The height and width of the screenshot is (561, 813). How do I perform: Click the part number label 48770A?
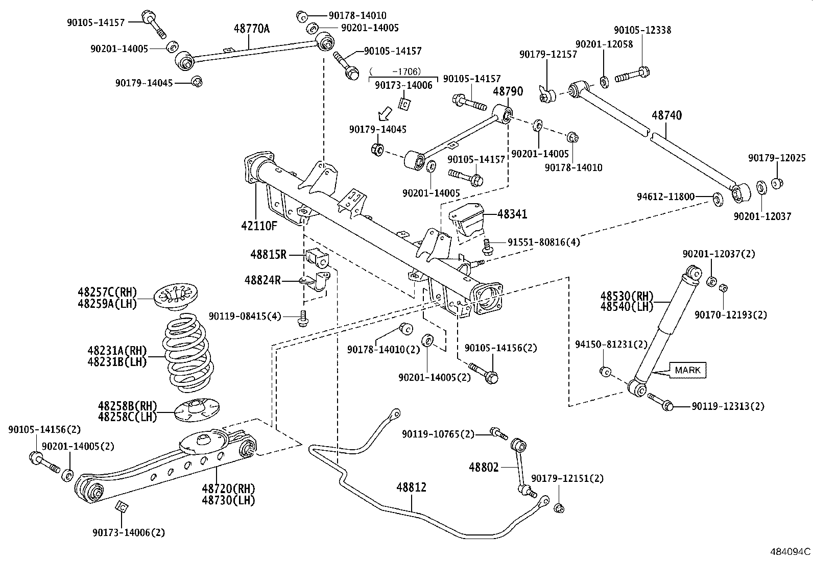tap(251, 29)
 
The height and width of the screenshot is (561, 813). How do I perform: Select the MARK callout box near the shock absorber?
tap(687, 370)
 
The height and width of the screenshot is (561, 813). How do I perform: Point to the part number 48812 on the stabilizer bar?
tap(411, 487)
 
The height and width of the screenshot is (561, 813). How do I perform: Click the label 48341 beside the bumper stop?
tap(512, 214)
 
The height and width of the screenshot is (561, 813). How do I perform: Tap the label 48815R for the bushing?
tap(268, 254)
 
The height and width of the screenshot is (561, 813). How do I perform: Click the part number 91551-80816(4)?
tap(543, 242)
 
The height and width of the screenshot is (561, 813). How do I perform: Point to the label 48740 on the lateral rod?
tap(666, 115)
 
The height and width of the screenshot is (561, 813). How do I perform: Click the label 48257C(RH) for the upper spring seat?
tap(107, 292)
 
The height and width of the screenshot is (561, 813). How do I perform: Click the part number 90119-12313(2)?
tap(728, 406)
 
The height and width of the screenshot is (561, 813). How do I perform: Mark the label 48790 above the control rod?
tap(508, 91)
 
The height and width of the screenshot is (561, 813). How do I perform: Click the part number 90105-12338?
tap(642, 30)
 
